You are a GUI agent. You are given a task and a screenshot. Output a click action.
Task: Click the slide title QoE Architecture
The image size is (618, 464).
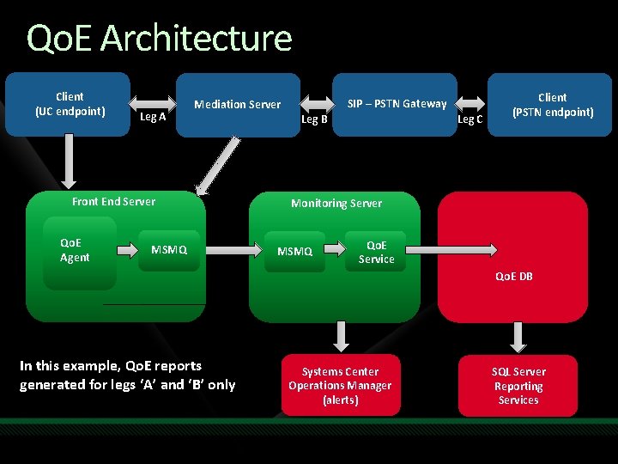click(x=160, y=39)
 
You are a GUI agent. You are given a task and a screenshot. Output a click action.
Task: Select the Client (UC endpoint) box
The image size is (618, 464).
click(x=69, y=104)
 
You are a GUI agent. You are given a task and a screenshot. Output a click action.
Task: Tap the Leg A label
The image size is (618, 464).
click(x=153, y=117)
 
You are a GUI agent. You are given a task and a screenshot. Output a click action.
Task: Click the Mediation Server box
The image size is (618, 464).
click(x=237, y=104)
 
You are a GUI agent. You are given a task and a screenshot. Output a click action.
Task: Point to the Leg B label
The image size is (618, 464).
click(x=314, y=119)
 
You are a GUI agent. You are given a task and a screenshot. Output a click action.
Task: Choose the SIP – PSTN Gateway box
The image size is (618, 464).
click(x=396, y=104)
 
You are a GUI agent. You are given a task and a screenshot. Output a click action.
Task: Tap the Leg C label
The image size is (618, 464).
click(x=470, y=119)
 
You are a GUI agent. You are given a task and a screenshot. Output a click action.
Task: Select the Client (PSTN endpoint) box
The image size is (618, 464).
click(x=552, y=105)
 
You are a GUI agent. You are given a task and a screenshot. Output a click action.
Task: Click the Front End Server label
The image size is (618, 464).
click(x=114, y=201)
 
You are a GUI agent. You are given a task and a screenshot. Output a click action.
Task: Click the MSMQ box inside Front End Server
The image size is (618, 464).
click(x=169, y=250)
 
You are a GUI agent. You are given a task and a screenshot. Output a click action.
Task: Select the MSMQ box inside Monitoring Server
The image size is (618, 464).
click(x=294, y=252)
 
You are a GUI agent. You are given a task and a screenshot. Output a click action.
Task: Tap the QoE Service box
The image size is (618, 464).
click(x=376, y=252)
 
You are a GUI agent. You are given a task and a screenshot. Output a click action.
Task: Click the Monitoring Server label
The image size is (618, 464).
click(x=336, y=203)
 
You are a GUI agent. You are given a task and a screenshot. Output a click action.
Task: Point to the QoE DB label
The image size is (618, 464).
click(x=513, y=276)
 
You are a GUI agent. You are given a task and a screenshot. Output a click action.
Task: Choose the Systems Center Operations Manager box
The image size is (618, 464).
click(x=341, y=386)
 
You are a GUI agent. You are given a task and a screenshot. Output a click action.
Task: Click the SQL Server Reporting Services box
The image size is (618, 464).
click(x=518, y=386)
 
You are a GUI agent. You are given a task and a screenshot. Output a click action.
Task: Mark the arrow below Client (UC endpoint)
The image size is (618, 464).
click(x=69, y=163)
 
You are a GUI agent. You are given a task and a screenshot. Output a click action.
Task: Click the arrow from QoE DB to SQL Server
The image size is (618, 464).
click(x=518, y=334)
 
